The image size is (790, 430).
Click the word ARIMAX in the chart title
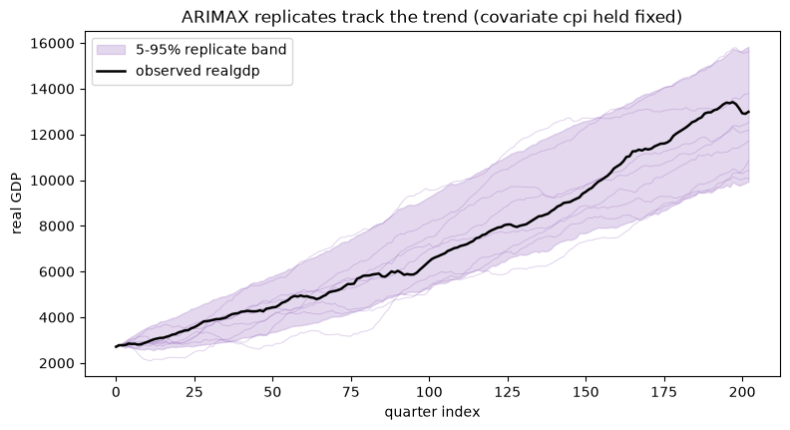[x=214, y=17]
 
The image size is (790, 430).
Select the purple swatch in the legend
[x=111, y=50]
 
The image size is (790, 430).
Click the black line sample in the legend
[x=111, y=71]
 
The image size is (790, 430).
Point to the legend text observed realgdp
[x=197, y=71]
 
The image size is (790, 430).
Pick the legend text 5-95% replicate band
[x=211, y=50]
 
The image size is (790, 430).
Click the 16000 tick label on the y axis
[x=53, y=44]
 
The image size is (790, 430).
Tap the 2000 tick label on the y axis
[x=56, y=363]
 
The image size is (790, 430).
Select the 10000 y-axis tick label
[x=53, y=181]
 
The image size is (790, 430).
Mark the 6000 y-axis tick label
[x=56, y=272]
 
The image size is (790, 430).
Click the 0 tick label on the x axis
[x=116, y=392]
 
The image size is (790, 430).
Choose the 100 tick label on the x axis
[x=429, y=392]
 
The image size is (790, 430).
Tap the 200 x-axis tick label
[x=743, y=392]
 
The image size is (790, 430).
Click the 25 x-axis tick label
[x=194, y=392]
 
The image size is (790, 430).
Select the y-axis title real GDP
[x=17, y=204]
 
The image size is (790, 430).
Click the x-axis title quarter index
[x=432, y=412]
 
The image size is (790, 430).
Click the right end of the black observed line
[x=749, y=112]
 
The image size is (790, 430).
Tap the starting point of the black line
[x=116, y=347]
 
